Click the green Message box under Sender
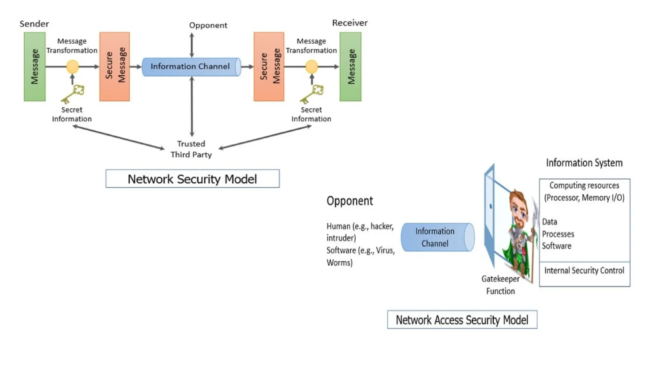point(35,66)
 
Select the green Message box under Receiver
point(351,66)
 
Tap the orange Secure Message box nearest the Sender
point(114,66)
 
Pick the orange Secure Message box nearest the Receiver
point(269,66)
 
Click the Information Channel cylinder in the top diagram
point(191,67)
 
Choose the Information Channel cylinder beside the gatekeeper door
point(437,237)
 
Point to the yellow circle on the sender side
point(72,67)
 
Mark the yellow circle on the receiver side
point(312,67)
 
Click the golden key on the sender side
point(73,94)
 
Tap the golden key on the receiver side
point(312,94)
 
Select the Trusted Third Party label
point(191,149)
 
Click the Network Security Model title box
point(193,179)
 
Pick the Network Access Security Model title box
point(462,319)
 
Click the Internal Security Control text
point(584,271)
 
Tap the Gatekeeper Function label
point(501,285)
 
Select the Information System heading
point(584,163)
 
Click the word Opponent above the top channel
point(208,25)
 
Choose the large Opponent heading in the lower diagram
point(350,201)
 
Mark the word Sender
point(34,24)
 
